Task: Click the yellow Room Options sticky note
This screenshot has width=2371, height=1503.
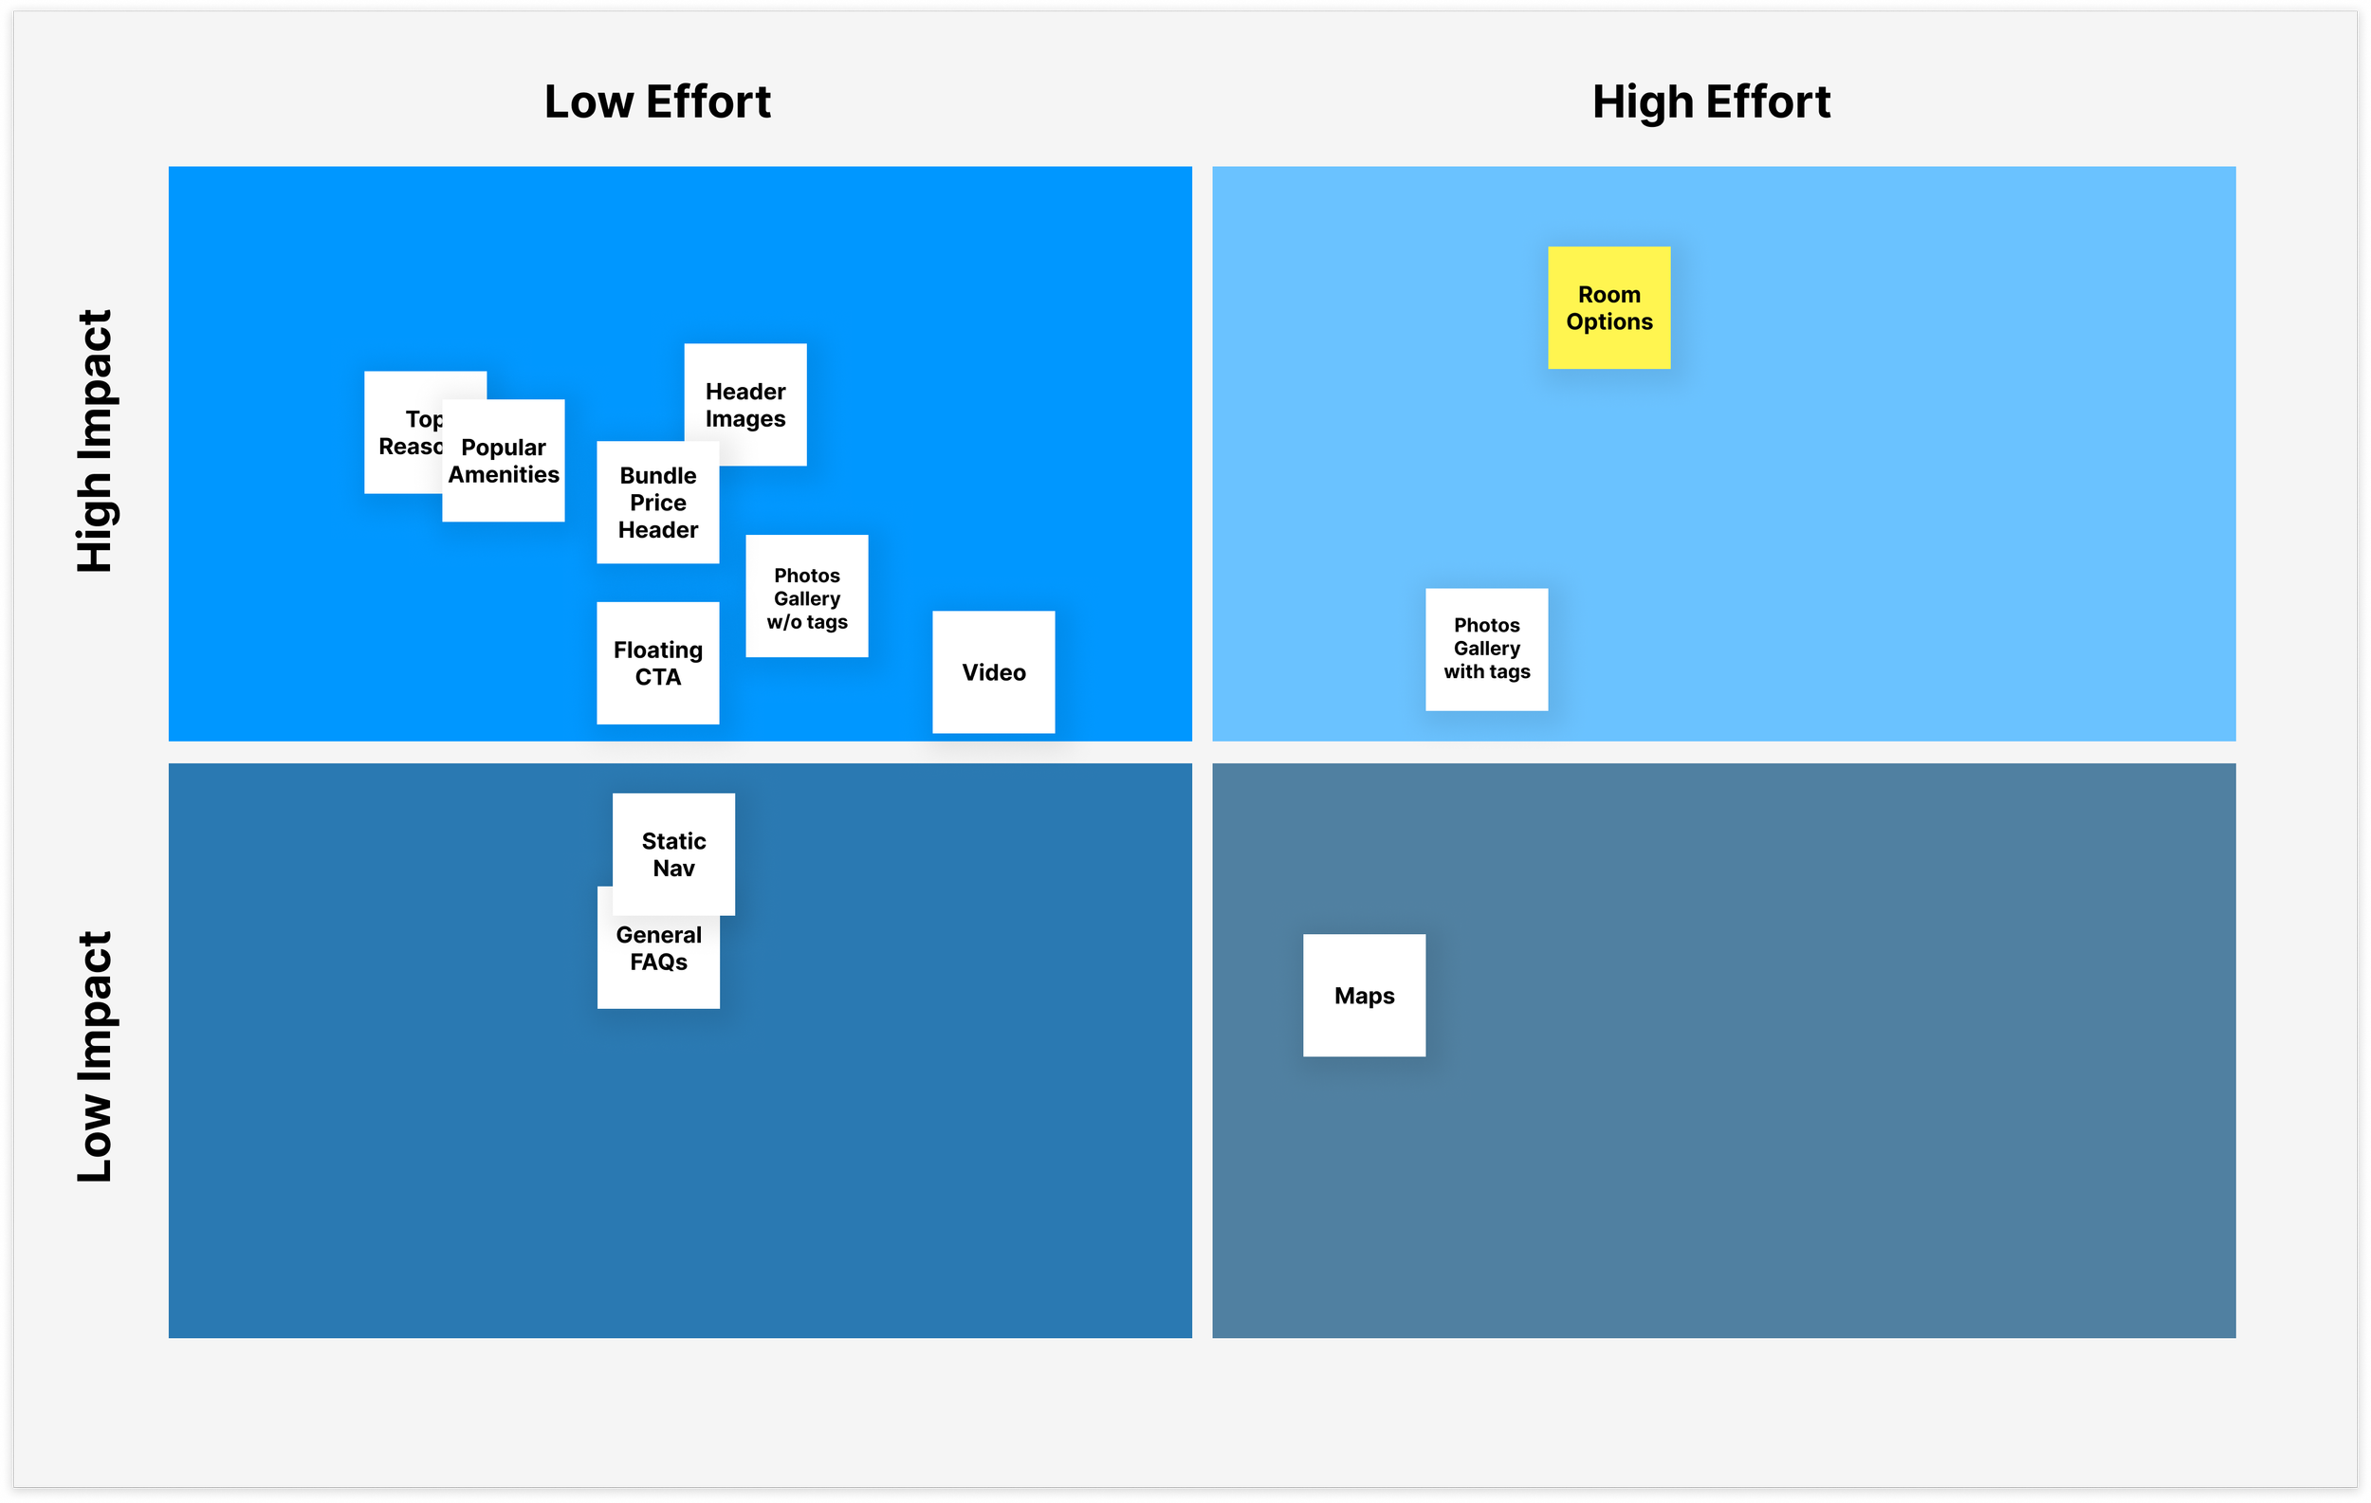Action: [1608, 308]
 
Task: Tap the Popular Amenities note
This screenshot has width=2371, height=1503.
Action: [504, 461]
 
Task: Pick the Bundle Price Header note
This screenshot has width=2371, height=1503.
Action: [658, 503]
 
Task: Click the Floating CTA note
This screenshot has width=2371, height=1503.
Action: [658, 664]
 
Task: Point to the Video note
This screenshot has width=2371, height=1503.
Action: [994, 672]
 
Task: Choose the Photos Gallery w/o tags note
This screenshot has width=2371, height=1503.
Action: [806, 596]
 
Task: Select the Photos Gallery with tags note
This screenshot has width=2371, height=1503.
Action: [1487, 650]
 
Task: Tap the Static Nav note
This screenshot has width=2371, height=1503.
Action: [673, 854]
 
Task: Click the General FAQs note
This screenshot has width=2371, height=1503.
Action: [658, 960]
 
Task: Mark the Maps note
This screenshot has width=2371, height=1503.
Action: [1364, 995]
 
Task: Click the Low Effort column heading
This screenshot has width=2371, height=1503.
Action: [658, 102]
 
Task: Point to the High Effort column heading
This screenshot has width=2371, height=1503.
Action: [1711, 102]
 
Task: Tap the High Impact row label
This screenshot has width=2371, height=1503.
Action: [96, 441]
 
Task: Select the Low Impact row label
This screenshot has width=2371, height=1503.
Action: [96, 1056]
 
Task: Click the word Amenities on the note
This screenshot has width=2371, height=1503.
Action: [504, 474]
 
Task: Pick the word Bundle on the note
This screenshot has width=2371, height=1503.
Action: [658, 475]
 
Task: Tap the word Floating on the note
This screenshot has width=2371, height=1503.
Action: [658, 650]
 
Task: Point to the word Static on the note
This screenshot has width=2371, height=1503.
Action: [673, 841]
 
